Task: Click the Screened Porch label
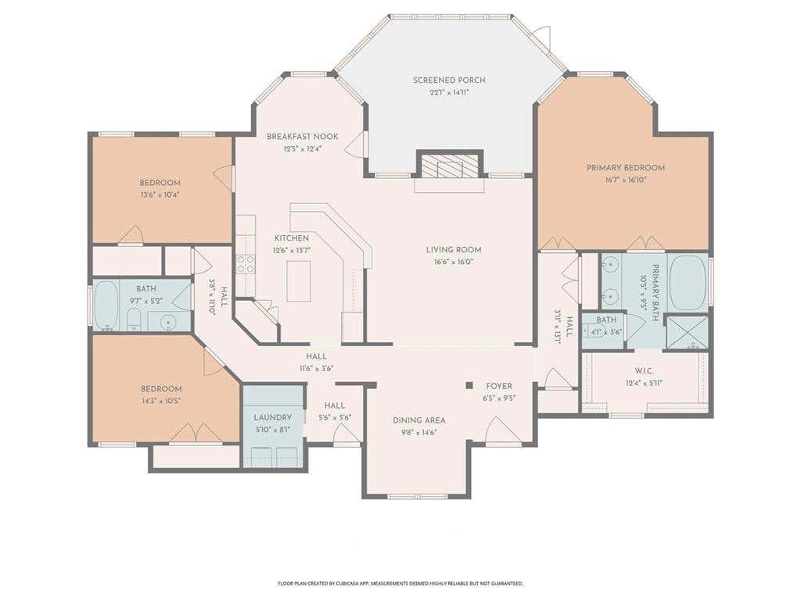pos(449,80)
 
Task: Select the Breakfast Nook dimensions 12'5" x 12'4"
pos(303,149)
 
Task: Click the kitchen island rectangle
pos(299,281)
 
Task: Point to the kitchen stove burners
pos(245,264)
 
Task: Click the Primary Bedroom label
pos(625,167)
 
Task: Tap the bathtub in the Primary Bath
pos(688,283)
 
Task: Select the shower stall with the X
pos(688,332)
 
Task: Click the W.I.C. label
pos(645,371)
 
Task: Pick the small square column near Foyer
pos(469,386)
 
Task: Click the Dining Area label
pos(419,420)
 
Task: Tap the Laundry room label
pos(273,417)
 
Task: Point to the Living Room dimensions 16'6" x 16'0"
pos(454,262)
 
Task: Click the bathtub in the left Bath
pos(106,305)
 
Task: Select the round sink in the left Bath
pos(167,322)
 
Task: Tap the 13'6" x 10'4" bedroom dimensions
pos(160,195)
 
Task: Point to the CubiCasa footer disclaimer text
pos(400,583)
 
